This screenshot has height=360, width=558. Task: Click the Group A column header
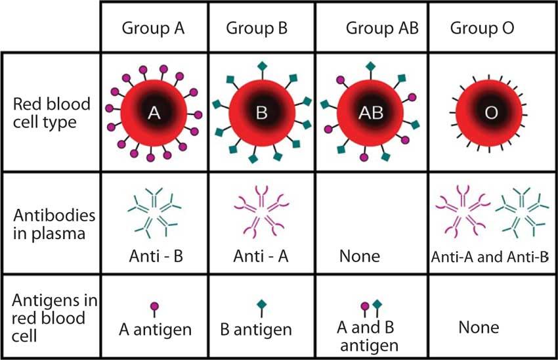(x=153, y=28)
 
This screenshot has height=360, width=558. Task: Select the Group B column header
(x=257, y=28)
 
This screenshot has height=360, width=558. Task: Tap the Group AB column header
(x=382, y=28)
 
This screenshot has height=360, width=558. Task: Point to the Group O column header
(x=482, y=28)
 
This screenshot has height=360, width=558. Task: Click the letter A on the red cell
(x=154, y=113)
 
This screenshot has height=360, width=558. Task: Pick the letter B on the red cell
(x=261, y=113)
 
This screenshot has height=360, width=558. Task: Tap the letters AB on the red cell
(x=371, y=113)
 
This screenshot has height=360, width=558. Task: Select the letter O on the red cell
(x=491, y=113)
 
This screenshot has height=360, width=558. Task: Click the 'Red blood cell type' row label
(x=52, y=113)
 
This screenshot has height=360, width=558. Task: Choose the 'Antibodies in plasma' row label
(x=54, y=225)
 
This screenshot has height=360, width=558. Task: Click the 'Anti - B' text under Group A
(x=156, y=256)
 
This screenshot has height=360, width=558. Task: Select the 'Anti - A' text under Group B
(x=261, y=256)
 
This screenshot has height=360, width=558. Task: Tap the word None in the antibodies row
(x=360, y=256)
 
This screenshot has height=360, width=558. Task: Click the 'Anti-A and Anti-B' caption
(x=490, y=257)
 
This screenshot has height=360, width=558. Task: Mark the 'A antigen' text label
(x=155, y=330)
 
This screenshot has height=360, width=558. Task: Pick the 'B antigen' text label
(x=256, y=330)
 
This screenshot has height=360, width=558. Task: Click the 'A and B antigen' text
(x=368, y=336)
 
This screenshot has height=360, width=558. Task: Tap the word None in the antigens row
(x=479, y=327)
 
